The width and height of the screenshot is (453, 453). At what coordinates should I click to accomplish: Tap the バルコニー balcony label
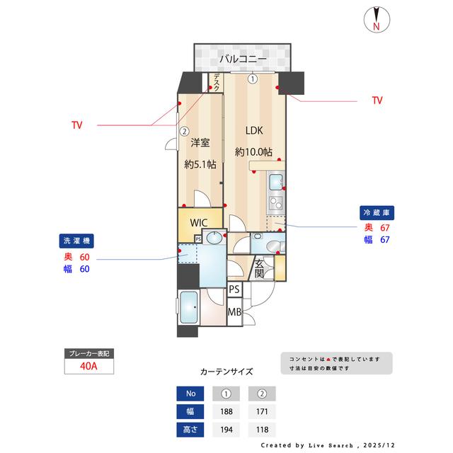(243, 58)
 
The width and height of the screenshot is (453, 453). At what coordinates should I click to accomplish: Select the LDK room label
(253, 131)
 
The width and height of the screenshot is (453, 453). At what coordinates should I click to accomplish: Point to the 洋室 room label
(200, 143)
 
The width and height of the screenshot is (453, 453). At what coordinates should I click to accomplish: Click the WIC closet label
(199, 221)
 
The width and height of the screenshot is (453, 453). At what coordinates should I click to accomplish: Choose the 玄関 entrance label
(259, 269)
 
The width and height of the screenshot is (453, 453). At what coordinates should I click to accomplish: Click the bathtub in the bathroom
(189, 307)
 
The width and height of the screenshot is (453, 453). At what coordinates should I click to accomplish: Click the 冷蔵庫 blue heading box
(377, 212)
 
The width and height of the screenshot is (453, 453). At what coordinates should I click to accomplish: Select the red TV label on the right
(377, 101)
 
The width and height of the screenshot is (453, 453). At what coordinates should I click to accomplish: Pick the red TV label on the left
(76, 125)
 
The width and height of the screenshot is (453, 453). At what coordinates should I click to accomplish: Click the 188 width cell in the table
(226, 412)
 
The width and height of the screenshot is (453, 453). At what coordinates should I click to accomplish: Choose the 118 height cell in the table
(262, 430)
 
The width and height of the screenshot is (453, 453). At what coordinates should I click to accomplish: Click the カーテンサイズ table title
(226, 371)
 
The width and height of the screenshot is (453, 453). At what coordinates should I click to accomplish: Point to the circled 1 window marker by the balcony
(253, 79)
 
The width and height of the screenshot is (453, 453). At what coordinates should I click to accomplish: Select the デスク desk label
(217, 83)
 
